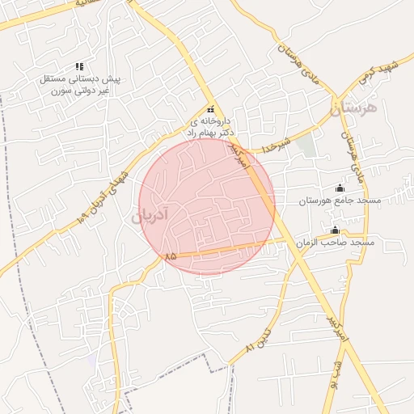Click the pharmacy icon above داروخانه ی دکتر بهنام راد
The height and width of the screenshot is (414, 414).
click(x=210, y=109)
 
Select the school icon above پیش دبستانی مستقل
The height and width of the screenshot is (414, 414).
click(x=79, y=66)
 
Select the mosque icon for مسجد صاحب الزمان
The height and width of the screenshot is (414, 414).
click(x=335, y=231)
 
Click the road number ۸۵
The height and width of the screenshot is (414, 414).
click(x=170, y=256)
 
